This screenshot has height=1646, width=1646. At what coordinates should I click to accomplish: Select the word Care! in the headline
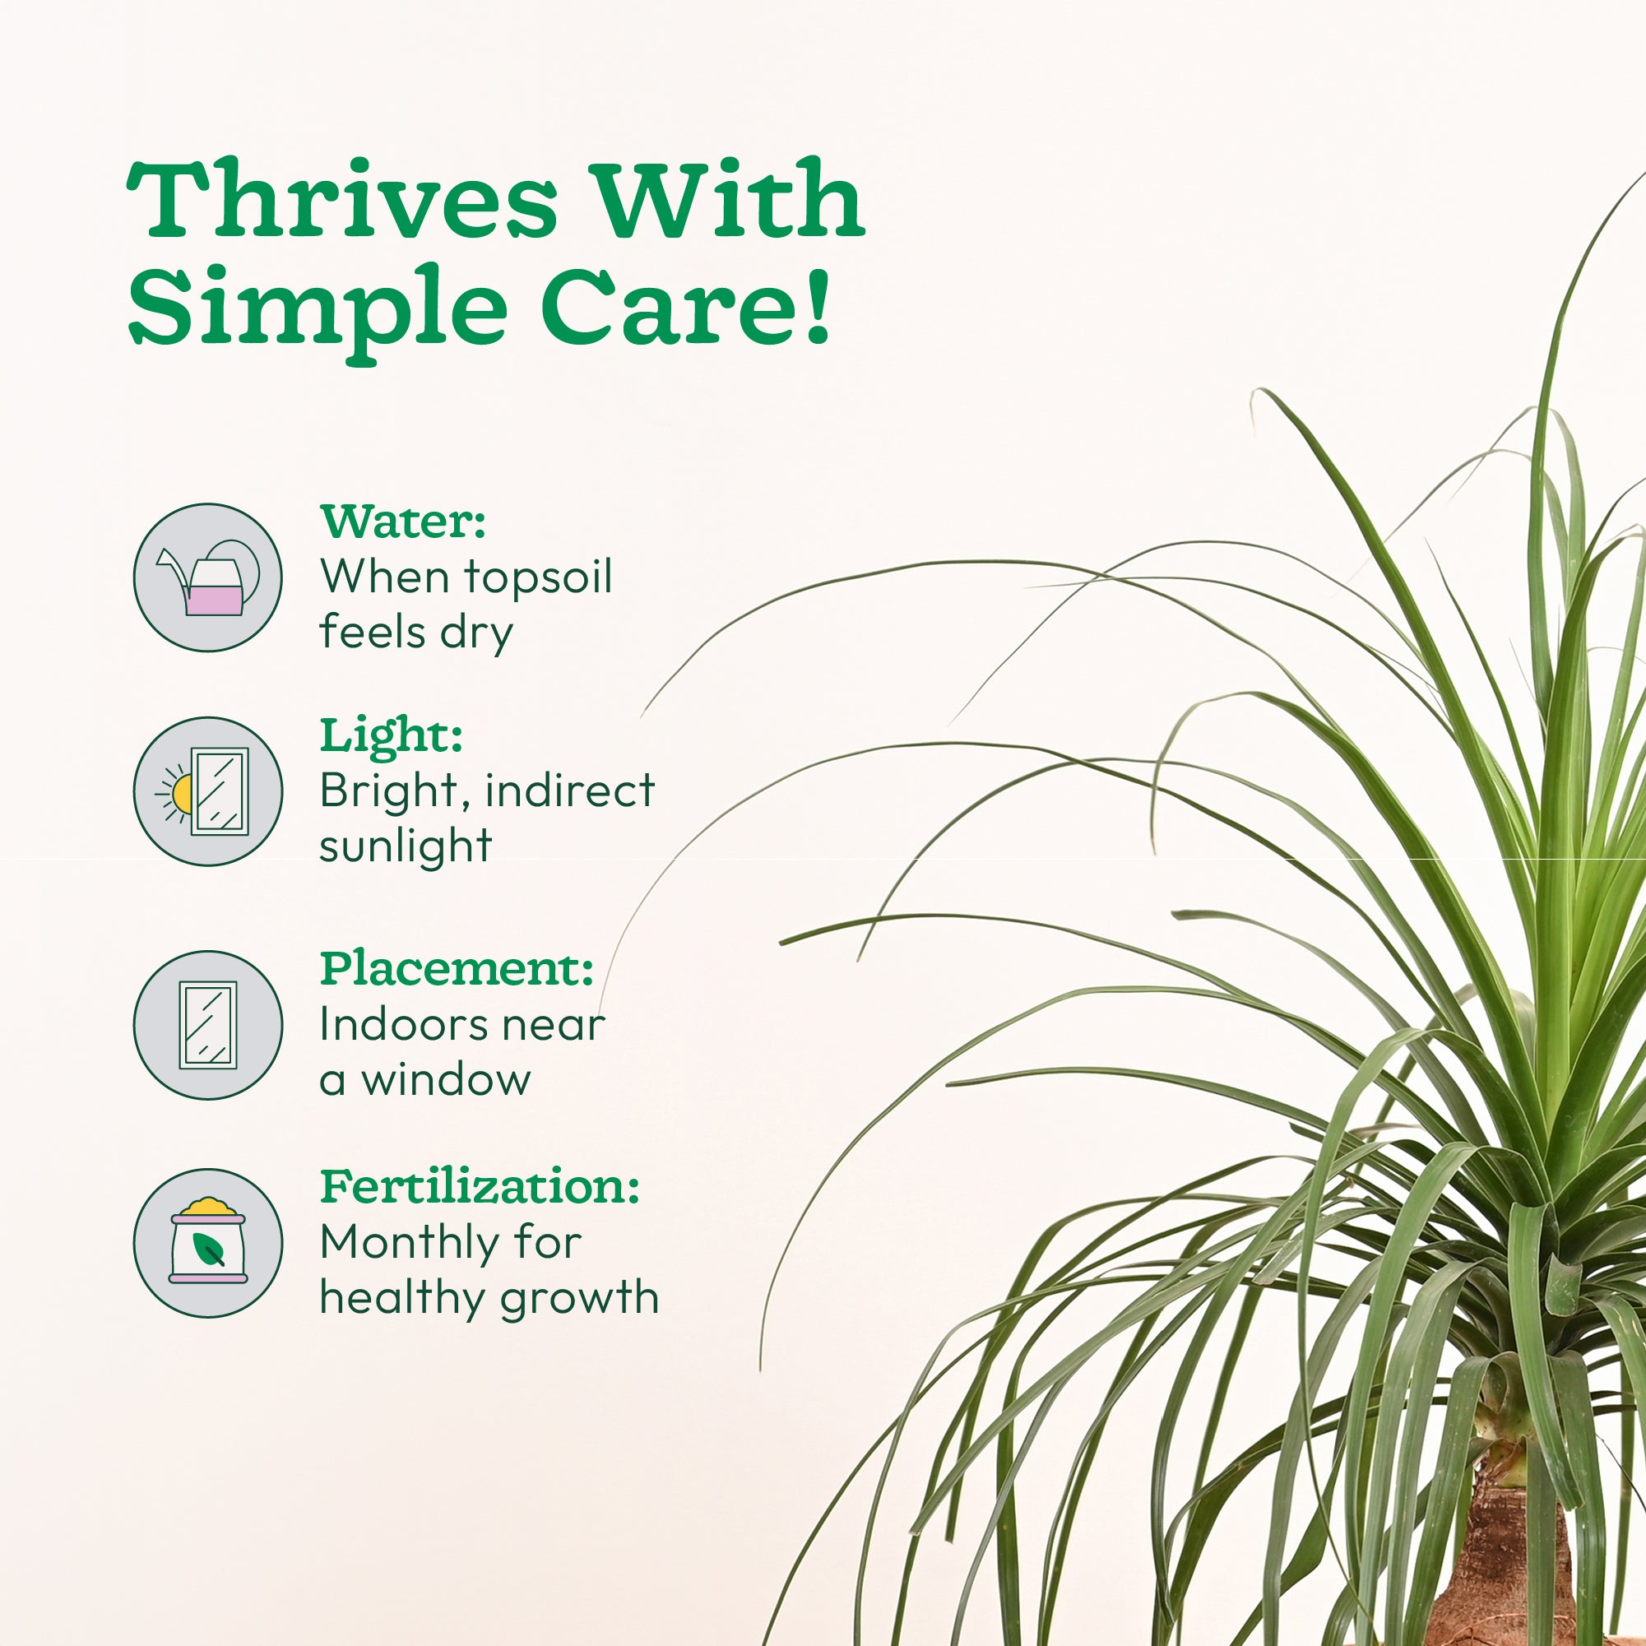click(687, 307)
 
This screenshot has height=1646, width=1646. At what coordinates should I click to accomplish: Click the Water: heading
click(403, 522)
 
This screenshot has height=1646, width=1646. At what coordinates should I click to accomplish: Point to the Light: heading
click(391, 736)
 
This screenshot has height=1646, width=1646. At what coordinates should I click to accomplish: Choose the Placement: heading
click(457, 969)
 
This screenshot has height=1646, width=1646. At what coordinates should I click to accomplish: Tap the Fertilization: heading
click(480, 1186)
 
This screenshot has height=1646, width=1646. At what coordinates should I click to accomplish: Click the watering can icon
click(208, 577)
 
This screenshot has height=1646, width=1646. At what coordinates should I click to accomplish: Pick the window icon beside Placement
click(208, 1025)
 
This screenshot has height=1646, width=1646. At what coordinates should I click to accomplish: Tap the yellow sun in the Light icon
click(182, 793)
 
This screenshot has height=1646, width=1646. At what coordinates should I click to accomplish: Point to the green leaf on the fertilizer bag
click(209, 1250)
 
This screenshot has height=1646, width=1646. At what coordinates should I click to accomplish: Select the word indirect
click(570, 790)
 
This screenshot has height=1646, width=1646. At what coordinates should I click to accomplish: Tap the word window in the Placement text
click(446, 1079)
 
